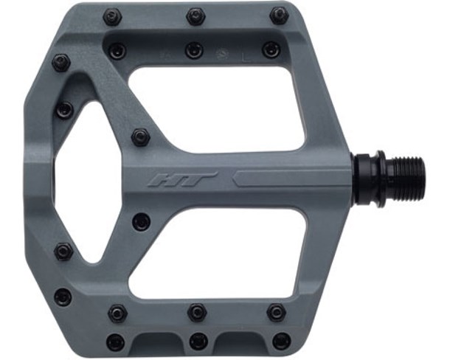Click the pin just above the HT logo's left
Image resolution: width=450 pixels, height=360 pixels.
140,136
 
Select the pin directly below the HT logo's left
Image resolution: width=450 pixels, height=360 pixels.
141,221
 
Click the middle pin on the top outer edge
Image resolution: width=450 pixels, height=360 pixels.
195,15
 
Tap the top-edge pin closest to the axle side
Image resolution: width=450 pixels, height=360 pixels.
278,15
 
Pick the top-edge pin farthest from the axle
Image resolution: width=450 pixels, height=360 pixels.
112,15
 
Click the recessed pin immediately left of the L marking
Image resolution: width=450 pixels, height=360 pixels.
194,50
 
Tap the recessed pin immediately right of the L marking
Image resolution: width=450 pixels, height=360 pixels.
271,50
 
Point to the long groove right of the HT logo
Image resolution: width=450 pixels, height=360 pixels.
295,178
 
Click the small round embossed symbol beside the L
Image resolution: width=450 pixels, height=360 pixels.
221,54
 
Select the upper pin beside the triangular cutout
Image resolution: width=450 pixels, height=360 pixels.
64,109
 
